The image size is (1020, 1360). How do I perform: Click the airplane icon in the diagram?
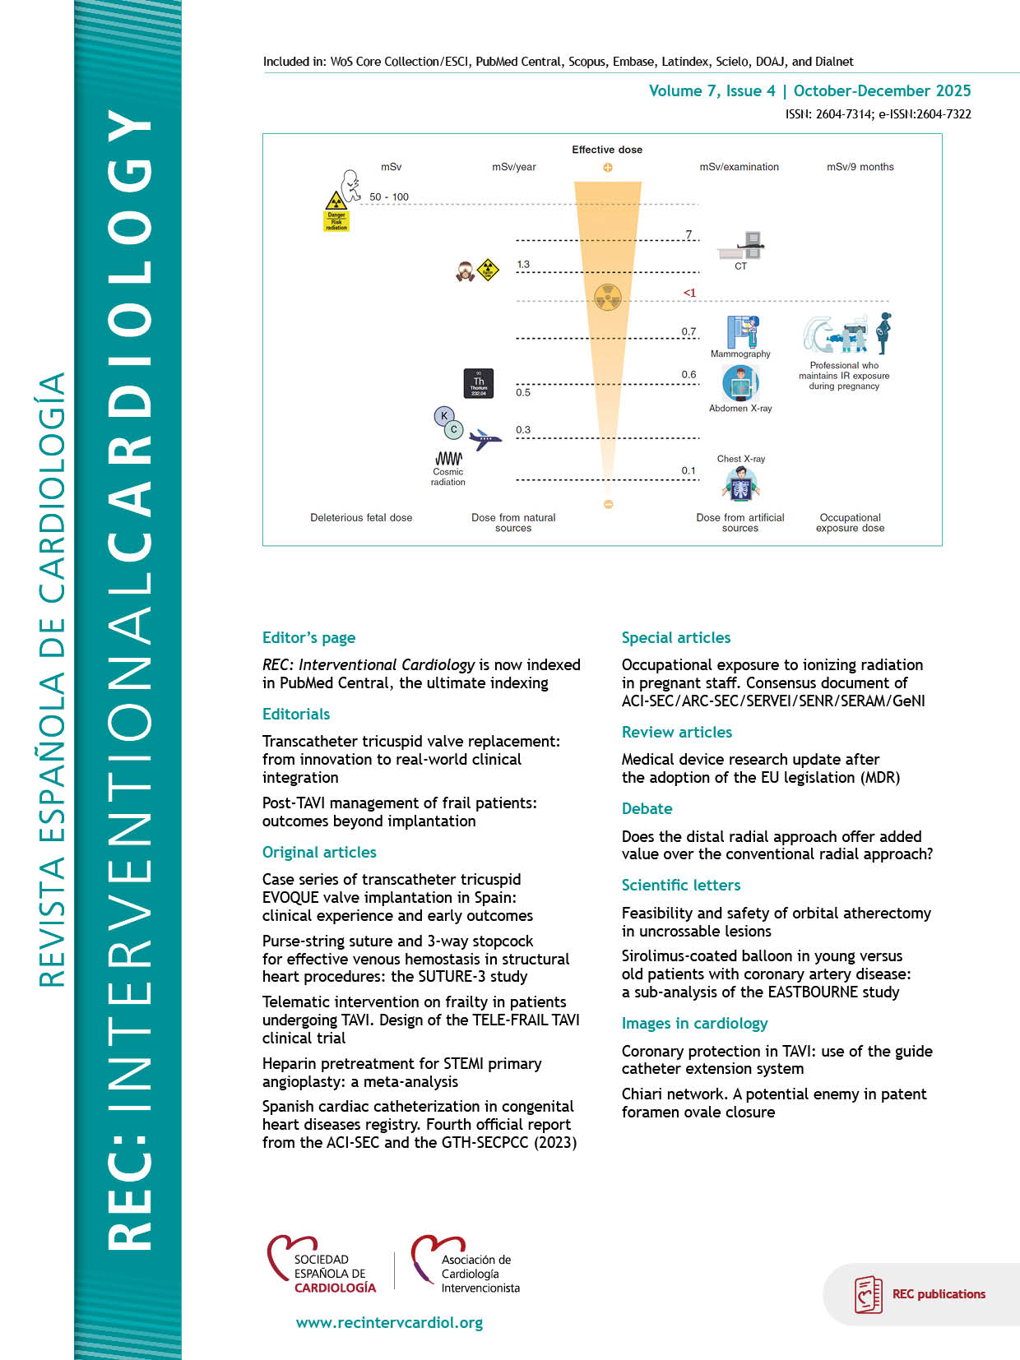(485, 440)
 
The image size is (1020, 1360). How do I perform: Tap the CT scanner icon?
(742, 245)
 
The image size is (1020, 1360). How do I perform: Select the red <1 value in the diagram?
(689, 293)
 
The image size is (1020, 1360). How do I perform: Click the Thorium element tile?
(479, 383)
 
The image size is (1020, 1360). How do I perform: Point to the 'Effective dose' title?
(607, 150)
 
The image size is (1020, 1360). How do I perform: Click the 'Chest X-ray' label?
(740, 459)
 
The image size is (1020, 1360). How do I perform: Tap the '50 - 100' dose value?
(389, 197)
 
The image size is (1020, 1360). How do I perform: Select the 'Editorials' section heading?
(296, 715)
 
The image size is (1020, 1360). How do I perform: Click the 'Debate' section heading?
(647, 809)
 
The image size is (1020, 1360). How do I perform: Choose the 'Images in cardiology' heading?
(694, 1024)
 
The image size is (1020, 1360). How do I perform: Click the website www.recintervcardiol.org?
(389, 1323)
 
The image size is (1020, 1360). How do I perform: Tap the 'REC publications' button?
(921, 1294)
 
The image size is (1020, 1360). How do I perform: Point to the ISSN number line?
(878, 114)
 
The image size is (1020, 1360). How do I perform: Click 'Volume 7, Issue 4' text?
(712, 91)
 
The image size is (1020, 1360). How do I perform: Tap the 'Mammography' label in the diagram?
(740, 354)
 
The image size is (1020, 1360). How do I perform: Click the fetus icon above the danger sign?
(351, 186)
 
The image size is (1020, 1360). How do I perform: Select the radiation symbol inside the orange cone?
(607, 298)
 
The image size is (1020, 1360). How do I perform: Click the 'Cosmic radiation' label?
(447, 477)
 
